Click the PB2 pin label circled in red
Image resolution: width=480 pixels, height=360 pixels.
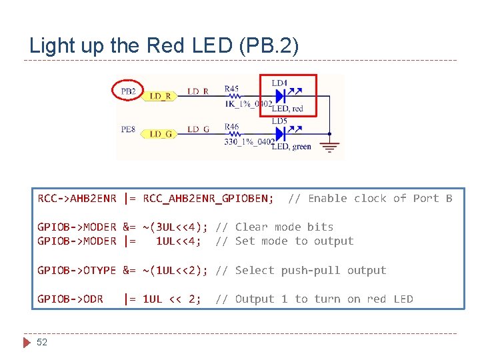[129, 91]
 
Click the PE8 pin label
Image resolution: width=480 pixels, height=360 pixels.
[129, 129]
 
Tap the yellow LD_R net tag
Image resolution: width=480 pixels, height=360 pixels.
[159, 96]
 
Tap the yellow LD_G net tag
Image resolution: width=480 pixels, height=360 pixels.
[159, 134]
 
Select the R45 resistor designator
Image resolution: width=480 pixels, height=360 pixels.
[231, 88]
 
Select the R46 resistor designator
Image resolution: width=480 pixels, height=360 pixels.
[231, 126]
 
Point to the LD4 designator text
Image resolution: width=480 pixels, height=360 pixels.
[279, 83]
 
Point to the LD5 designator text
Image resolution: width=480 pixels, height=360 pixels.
[279, 121]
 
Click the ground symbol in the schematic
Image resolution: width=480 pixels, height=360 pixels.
[329, 146]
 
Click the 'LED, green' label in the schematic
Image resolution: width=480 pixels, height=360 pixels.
[291, 147]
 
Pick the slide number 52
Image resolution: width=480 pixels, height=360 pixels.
[42, 342]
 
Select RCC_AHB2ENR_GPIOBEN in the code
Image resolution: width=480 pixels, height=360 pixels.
[208, 198]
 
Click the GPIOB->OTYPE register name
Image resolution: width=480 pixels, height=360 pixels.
[77, 270]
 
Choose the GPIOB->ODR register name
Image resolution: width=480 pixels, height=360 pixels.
[70, 299]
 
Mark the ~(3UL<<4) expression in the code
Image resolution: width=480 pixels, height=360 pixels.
[175, 227]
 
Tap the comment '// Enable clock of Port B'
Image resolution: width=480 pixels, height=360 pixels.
[370, 198]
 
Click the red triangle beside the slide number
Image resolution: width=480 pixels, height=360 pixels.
[27, 342]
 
